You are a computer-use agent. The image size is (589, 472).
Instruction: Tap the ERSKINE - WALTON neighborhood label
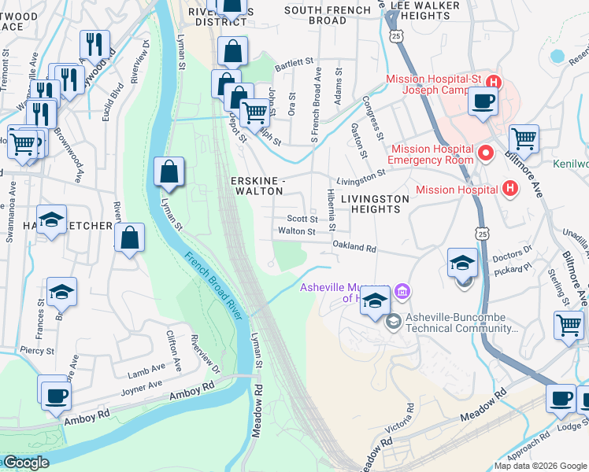256,186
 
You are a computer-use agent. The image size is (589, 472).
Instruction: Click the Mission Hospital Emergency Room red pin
486,152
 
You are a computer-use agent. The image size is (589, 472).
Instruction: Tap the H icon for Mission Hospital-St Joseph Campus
494,82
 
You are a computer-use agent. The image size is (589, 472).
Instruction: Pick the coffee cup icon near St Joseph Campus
482,101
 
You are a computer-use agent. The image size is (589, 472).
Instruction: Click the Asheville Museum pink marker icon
402,292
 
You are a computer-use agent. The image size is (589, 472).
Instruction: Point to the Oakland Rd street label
354,248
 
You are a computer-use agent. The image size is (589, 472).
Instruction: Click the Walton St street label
296,231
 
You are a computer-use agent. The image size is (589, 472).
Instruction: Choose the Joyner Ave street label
142,387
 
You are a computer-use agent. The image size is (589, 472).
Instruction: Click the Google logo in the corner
25,463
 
